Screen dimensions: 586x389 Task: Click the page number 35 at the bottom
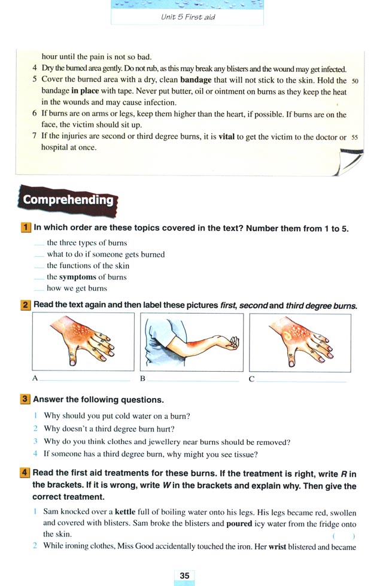tap(184, 575)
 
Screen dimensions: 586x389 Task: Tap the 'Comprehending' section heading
tap(68, 201)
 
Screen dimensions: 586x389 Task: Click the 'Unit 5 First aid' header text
tap(188, 17)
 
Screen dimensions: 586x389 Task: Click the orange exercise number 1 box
tap(26, 228)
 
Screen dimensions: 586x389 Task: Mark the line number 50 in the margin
tap(355, 81)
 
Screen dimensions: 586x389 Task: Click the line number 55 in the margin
tap(355, 137)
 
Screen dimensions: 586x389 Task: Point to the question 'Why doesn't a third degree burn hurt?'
tap(123, 429)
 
